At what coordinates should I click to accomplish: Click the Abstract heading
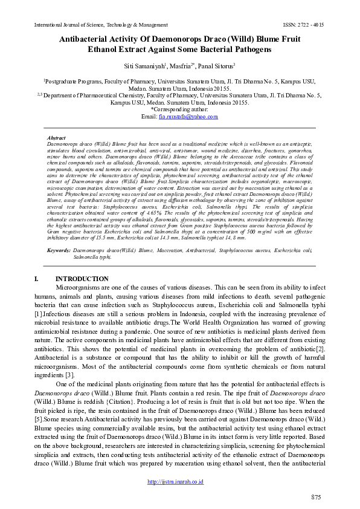[x=56, y=138]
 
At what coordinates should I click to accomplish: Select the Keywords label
[x=59, y=250]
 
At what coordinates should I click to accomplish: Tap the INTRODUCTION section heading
[x=82, y=279]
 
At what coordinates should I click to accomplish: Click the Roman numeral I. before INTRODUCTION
[x=40, y=279]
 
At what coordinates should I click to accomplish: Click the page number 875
[x=315, y=497]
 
